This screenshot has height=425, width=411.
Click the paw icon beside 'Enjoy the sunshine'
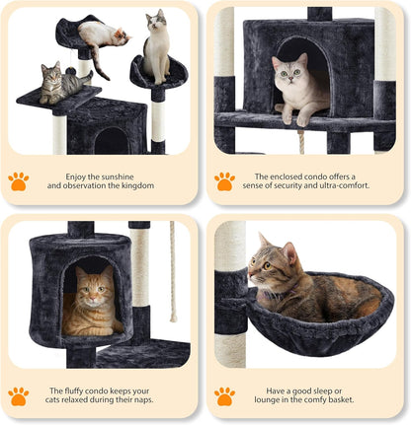[x=19, y=180]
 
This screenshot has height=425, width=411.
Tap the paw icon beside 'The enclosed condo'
[x=224, y=180]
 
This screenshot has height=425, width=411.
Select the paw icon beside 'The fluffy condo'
[x=19, y=395]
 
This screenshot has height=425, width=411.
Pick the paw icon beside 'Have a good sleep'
[x=224, y=395]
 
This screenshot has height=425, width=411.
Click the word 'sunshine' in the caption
[x=123, y=177]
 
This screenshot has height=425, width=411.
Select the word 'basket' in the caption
[x=344, y=401]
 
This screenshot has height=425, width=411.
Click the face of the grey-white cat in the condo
[x=288, y=72]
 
